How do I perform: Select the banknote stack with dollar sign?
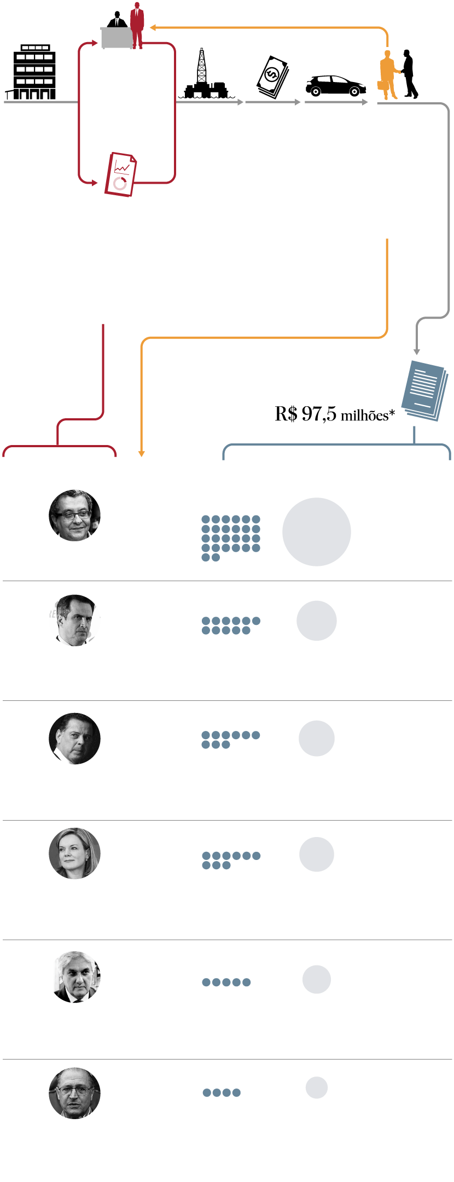click(272, 77)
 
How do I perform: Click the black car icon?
click(335, 86)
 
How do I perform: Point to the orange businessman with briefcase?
click(388, 75)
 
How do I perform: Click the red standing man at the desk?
click(137, 25)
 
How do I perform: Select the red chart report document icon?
click(120, 174)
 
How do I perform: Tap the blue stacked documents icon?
click(425, 390)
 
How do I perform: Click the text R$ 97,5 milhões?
click(334, 414)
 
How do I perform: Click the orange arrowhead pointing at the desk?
click(153, 27)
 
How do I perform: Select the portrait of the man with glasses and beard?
click(74, 516)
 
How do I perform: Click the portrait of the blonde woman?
click(74, 853)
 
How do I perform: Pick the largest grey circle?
click(316, 531)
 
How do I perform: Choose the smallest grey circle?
click(316, 1087)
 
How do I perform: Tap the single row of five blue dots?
click(226, 982)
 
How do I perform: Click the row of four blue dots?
click(222, 1092)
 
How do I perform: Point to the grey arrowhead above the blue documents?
click(416, 352)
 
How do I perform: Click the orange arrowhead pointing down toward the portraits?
click(142, 453)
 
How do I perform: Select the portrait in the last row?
click(74, 1093)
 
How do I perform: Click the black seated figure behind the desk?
click(117, 20)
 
